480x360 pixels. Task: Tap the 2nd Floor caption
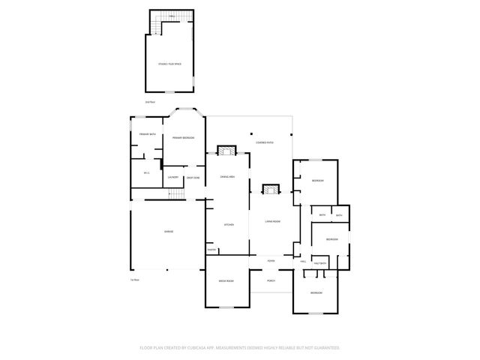(x=150, y=102)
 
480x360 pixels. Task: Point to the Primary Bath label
(x=147, y=134)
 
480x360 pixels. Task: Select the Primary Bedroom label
(x=184, y=138)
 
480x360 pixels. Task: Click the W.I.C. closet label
(x=147, y=173)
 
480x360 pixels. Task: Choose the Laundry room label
(x=173, y=177)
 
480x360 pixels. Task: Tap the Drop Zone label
(x=193, y=178)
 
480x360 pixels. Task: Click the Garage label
(x=169, y=232)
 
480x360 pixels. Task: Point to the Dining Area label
(x=227, y=176)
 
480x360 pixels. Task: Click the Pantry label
(x=212, y=250)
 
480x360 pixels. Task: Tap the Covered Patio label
(x=265, y=142)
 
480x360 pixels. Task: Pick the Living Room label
(x=272, y=222)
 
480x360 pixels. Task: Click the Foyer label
(x=271, y=260)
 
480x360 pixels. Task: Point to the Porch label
(x=271, y=280)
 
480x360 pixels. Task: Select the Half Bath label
(x=319, y=263)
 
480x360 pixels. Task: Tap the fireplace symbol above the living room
(x=269, y=189)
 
